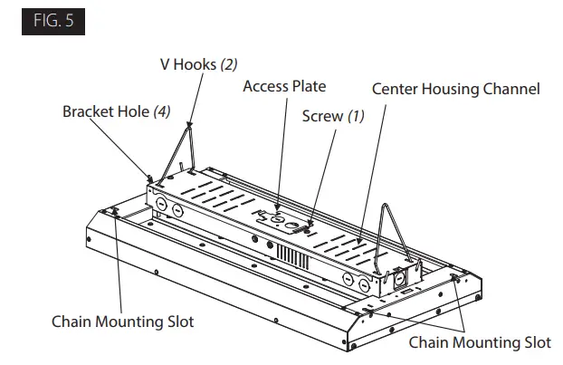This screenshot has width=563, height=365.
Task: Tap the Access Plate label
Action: [284, 87]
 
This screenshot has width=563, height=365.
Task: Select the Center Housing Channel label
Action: [456, 90]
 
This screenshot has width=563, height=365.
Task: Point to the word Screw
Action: [321, 116]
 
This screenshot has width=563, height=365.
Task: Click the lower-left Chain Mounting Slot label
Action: [122, 322]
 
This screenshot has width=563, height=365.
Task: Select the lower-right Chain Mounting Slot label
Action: [479, 342]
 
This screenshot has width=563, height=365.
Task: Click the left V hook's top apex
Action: [190, 125]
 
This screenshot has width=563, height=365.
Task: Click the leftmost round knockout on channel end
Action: [159, 205]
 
